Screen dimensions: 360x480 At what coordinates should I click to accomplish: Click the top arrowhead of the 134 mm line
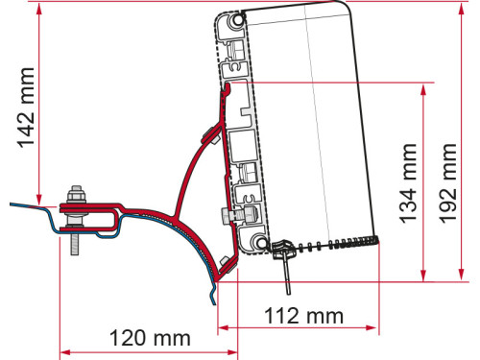423,89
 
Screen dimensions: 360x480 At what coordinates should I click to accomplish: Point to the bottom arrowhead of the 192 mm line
468,278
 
